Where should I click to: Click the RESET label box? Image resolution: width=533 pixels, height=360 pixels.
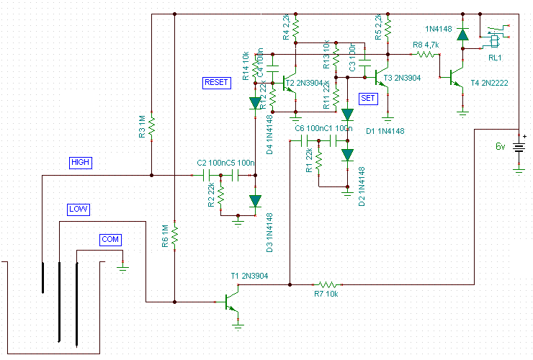pyautogui.click(x=216, y=83)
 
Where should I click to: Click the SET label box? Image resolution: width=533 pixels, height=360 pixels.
pyautogui.click(x=367, y=97)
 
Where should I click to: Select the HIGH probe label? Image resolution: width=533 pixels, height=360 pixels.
pyautogui.click(x=81, y=163)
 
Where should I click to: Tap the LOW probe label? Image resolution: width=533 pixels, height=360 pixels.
pyautogui.click(x=78, y=210)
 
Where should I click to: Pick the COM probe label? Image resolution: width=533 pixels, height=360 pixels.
pyautogui.click(x=110, y=239)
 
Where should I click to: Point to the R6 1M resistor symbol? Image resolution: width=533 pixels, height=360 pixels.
pyautogui.click(x=174, y=235)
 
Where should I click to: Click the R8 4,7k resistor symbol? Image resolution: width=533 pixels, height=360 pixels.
pyautogui.click(x=428, y=54)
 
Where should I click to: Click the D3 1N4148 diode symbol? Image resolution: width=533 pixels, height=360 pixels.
pyautogui.click(x=254, y=202)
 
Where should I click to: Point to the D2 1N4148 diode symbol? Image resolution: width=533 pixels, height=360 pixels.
pyautogui.click(x=348, y=154)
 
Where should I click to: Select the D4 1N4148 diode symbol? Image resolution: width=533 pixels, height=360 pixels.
pyautogui.click(x=254, y=103)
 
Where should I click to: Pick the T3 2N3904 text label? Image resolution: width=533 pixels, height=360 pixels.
pyautogui.click(x=402, y=78)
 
